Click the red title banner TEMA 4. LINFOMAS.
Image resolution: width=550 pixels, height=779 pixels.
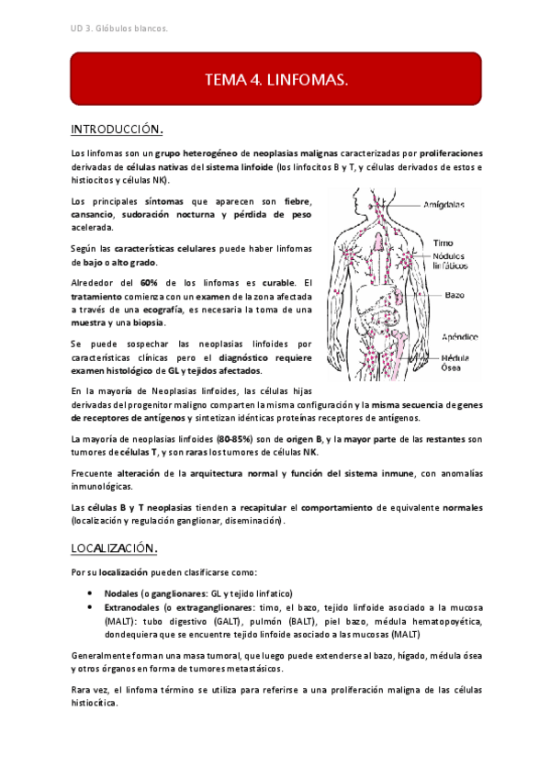[x=276, y=81]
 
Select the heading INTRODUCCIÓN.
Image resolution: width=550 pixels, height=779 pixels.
[x=117, y=128]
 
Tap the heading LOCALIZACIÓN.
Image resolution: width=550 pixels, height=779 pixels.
[x=117, y=548]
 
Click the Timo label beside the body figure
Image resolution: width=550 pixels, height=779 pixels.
[x=443, y=243]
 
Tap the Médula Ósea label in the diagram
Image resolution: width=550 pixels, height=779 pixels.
[x=456, y=363]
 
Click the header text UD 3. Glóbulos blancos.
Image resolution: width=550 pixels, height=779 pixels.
[x=119, y=28]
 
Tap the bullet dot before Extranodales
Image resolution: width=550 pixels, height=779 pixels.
[x=89, y=607]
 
